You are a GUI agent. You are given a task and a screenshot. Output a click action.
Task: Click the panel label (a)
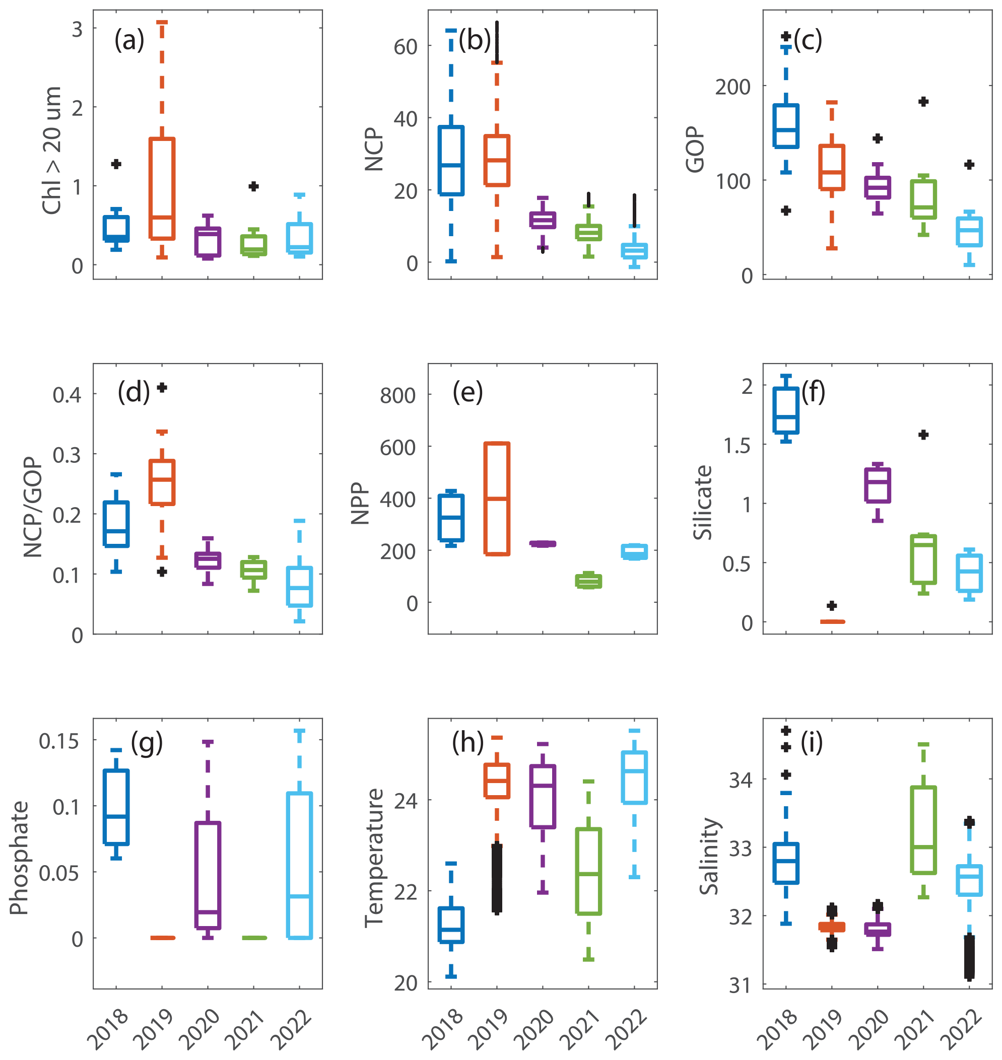click(129, 41)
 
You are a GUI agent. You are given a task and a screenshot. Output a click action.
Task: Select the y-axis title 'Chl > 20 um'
click(52, 151)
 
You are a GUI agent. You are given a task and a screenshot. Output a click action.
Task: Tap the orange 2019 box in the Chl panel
click(162, 188)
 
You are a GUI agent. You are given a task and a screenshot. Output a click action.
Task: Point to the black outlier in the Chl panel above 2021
click(254, 186)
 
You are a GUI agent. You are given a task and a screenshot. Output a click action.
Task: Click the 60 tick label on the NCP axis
click(406, 47)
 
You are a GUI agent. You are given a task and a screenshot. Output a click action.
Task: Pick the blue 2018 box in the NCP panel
click(451, 160)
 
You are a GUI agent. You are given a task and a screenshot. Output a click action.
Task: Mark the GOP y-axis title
click(695, 150)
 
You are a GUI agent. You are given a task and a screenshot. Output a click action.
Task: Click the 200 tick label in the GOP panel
click(733, 87)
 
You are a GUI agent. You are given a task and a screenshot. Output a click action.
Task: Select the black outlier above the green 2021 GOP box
click(923, 101)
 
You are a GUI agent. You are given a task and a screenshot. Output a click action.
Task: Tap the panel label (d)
click(133, 392)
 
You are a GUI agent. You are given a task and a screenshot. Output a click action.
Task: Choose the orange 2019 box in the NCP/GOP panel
click(162, 482)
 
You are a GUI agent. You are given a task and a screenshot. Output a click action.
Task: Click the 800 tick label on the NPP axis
click(397, 396)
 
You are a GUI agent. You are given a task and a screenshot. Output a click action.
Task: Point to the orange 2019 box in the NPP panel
click(497, 499)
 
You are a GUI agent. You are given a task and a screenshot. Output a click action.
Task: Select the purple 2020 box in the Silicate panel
click(878, 485)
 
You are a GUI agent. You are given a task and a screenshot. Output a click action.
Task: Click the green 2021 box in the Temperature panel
click(588, 872)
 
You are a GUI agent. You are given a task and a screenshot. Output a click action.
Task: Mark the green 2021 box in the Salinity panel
click(923, 830)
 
